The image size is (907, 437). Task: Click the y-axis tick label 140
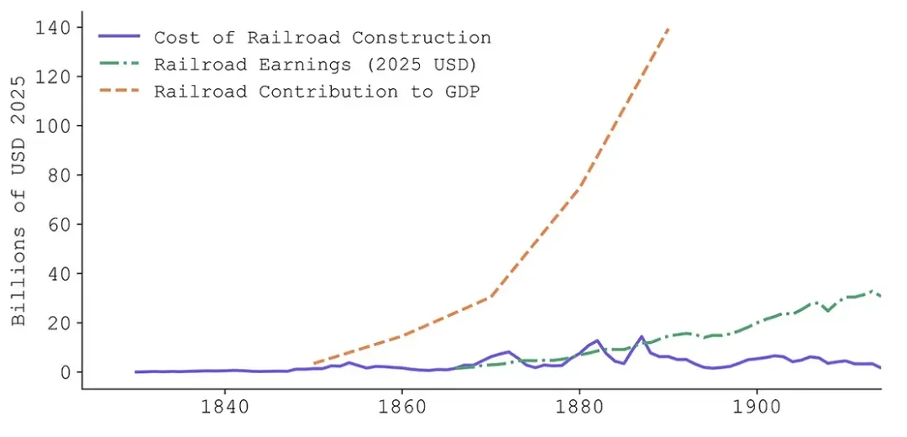pyautogui.click(x=52, y=28)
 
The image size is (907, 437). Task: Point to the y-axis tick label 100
pyautogui.click(x=52, y=126)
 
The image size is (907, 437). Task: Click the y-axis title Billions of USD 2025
pyautogui.click(x=19, y=201)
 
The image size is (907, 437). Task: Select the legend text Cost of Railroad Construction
pyautogui.click(x=322, y=38)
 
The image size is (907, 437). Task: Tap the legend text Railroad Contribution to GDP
pyautogui.click(x=317, y=92)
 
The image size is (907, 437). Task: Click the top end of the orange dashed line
pyautogui.click(x=668, y=29)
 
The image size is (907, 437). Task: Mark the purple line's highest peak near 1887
pyautogui.click(x=642, y=336)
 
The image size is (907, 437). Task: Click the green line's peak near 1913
pyautogui.click(x=873, y=291)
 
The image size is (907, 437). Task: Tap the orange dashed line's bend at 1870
pyautogui.click(x=490, y=297)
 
